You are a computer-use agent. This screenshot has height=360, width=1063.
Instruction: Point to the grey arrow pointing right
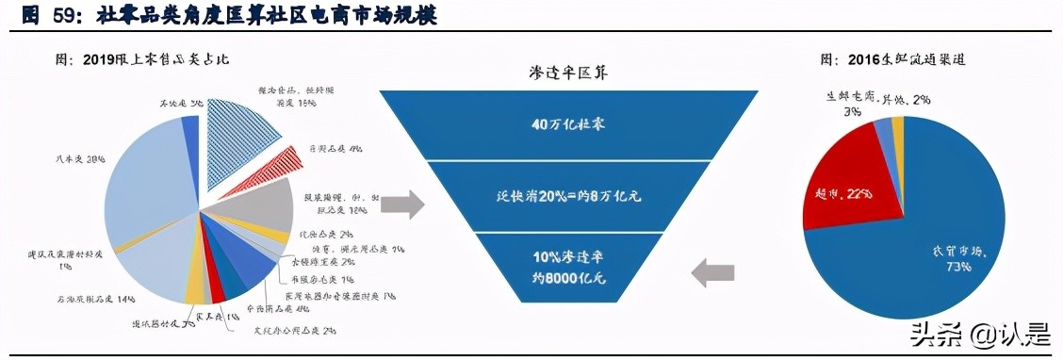pos(403,203)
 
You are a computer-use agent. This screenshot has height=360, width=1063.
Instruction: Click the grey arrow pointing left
pos(711,273)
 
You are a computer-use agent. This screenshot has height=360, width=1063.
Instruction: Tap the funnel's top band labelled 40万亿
pos(567,123)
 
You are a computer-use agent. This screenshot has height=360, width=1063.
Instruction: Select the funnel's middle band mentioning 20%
pos(567,197)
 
